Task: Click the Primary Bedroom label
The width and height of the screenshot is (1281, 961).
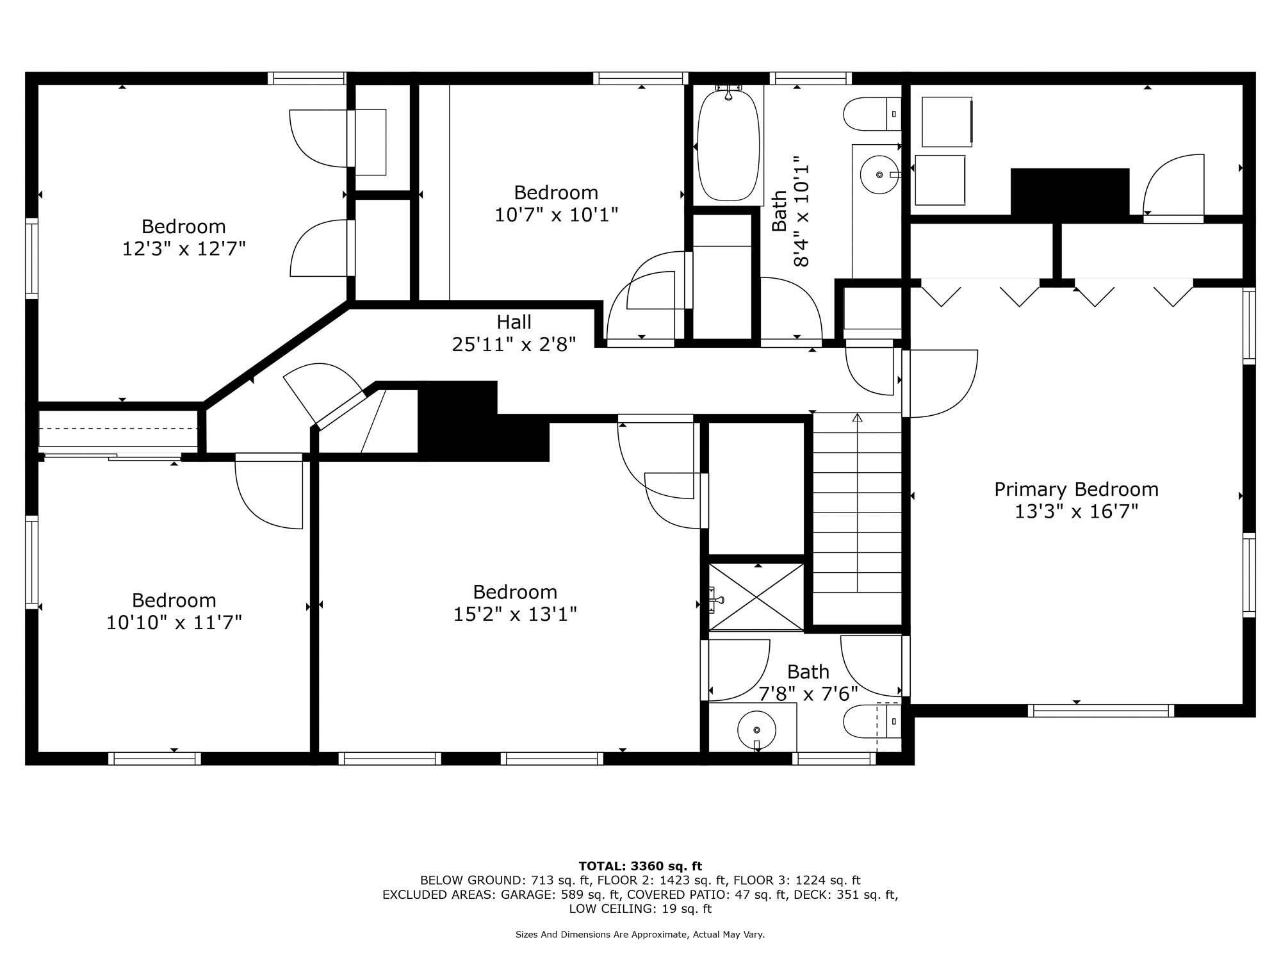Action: pyautogui.click(x=1076, y=490)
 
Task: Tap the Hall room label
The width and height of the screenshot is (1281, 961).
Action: pyautogui.click(x=514, y=322)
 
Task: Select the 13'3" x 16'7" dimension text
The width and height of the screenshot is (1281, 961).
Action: pyautogui.click(x=1076, y=512)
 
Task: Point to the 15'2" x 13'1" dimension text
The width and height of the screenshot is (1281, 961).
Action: pyautogui.click(x=515, y=614)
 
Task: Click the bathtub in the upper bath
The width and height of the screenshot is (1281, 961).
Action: pyautogui.click(x=728, y=145)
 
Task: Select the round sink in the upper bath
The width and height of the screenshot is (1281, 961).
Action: pyautogui.click(x=879, y=174)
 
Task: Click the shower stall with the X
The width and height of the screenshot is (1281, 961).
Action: pyautogui.click(x=756, y=597)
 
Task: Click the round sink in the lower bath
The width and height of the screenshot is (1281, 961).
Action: pyautogui.click(x=756, y=730)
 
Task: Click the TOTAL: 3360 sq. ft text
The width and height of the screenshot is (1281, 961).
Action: pyautogui.click(x=640, y=866)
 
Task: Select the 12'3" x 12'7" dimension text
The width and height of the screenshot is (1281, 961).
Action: pyautogui.click(x=184, y=249)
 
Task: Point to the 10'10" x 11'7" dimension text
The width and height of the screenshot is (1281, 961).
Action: pyautogui.click(x=174, y=622)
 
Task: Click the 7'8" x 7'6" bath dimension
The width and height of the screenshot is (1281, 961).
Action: pyautogui.click(x=808, y=693)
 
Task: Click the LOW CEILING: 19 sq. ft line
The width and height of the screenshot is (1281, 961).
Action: pyautogui.click(x=640, y=908)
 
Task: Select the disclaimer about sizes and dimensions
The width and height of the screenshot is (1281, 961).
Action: pyautogui.click(x=640, y=935)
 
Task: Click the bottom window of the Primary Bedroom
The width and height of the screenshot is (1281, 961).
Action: pyautogui.click(x=1101, y=710)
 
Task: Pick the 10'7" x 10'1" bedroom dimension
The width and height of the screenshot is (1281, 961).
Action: pyautogui.click(x=557, y=215)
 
